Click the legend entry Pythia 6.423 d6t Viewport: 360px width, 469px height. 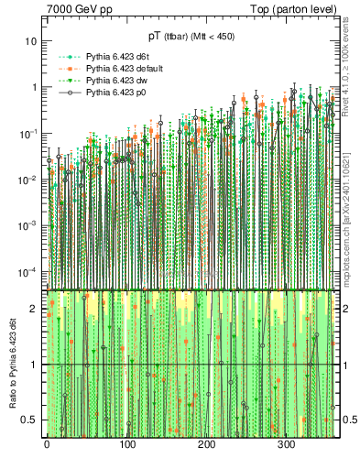116,57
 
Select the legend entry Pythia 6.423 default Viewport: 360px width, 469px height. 123,69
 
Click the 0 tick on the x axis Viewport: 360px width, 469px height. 47,446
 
